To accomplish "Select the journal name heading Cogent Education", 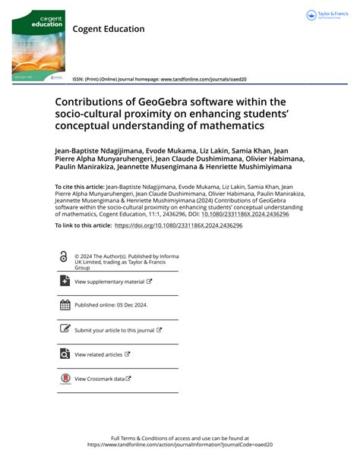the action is (108, 30).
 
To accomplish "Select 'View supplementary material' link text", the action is (109, 282).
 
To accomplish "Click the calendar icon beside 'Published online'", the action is (64, 305).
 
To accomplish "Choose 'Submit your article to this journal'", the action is (114, 330).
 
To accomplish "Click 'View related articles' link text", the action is (98, 354).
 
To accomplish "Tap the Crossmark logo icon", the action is (64, 379).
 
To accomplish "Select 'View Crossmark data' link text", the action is (99, 379).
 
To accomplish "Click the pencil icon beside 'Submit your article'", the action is (64, 329).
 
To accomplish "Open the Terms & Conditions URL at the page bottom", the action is (180, 445).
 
